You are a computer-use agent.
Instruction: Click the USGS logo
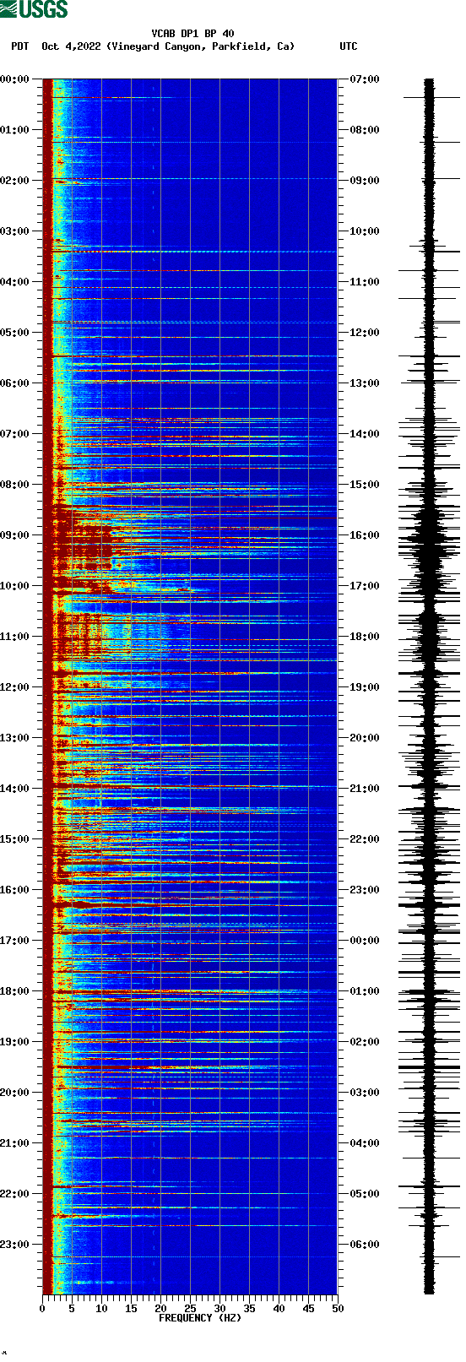click(34, 9)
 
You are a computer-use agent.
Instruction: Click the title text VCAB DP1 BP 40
click(192, 34)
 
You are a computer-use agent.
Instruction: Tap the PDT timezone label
click(19, 46)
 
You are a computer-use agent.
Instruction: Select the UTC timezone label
click(349, 46)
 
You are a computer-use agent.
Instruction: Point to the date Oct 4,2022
click(72, 46)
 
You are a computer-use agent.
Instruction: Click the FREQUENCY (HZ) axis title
click(200, 1317)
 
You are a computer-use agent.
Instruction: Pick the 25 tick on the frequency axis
click(190, 1308)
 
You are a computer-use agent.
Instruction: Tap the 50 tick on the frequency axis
click(338, 1308)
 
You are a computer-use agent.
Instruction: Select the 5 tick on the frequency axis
click(72, 1308)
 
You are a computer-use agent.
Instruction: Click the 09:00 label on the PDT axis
click(14, 535)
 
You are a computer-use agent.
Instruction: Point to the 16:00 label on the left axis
click(14, 890)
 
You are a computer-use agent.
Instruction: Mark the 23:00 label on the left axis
click(14, 1245)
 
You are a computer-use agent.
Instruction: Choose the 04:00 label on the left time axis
click(14, 282)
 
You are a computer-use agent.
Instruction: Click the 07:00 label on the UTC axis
click(365, 79)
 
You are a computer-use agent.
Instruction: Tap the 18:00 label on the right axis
click(365, 637)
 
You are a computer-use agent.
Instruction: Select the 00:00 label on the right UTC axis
click(365, 941)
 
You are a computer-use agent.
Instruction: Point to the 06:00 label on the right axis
click(365, 1245)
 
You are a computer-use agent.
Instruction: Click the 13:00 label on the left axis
click(14, 738)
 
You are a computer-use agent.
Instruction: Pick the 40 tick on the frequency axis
click(279, 1308)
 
